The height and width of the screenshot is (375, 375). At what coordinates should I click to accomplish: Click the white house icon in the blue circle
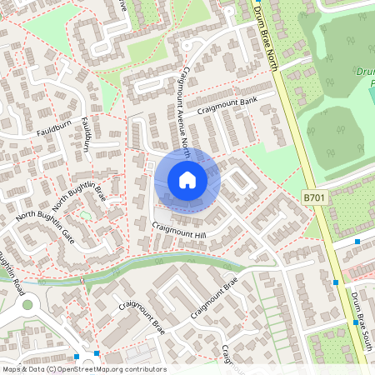tap(187, 179)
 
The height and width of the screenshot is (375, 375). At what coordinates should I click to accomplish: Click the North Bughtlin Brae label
tap(80, 197)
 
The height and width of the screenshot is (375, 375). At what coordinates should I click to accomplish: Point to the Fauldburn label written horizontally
tap(50, 130)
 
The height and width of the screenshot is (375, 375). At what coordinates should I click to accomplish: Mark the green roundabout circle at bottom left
tap(27, 305)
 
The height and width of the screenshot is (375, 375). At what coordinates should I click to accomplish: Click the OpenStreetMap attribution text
tap(83, 368)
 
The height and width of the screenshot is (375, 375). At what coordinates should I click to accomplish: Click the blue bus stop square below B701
tap(357, 241)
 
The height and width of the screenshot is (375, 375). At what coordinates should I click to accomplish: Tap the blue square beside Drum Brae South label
tap(336, 282)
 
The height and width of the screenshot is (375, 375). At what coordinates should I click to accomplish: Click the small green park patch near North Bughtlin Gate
tap(85, 216)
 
